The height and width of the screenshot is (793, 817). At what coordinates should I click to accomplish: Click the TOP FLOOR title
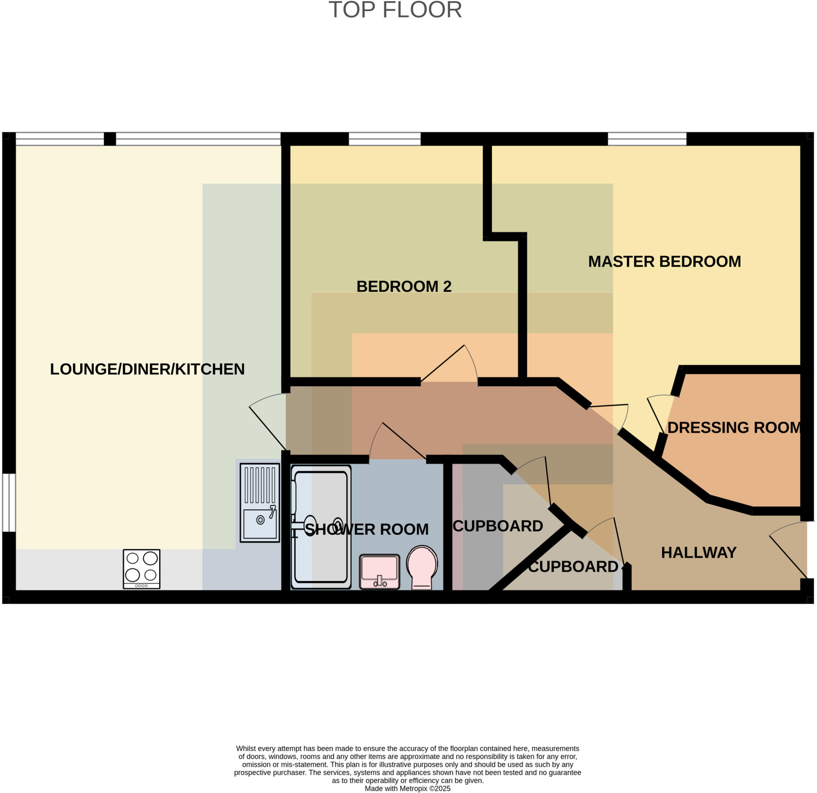point(395,10)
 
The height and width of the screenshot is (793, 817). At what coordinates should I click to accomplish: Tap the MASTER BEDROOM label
point(665,262)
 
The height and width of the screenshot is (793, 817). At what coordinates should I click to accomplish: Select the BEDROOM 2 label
point(404,287)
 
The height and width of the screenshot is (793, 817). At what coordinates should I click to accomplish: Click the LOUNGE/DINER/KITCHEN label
point(147,370)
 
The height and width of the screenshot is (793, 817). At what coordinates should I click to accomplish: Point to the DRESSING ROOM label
point(734,428)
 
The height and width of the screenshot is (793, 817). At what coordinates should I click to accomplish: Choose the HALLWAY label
point(699,553)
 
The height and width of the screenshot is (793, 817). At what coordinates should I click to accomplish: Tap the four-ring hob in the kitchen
point(141,569)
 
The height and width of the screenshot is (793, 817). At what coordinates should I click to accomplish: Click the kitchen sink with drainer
point(260,503)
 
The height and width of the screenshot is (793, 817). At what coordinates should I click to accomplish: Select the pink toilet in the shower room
point(422,567)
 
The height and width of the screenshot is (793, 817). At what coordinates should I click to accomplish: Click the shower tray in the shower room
point(321,527)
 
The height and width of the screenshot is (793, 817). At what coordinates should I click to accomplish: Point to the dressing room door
point(659,412)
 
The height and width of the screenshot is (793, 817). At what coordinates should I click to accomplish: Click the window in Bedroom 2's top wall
point(384,139)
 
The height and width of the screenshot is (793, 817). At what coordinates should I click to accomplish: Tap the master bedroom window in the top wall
point(647,139)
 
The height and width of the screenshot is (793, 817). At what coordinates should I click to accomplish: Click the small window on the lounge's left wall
point(9,503)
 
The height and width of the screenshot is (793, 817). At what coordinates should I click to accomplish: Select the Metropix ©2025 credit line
point(408,789)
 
